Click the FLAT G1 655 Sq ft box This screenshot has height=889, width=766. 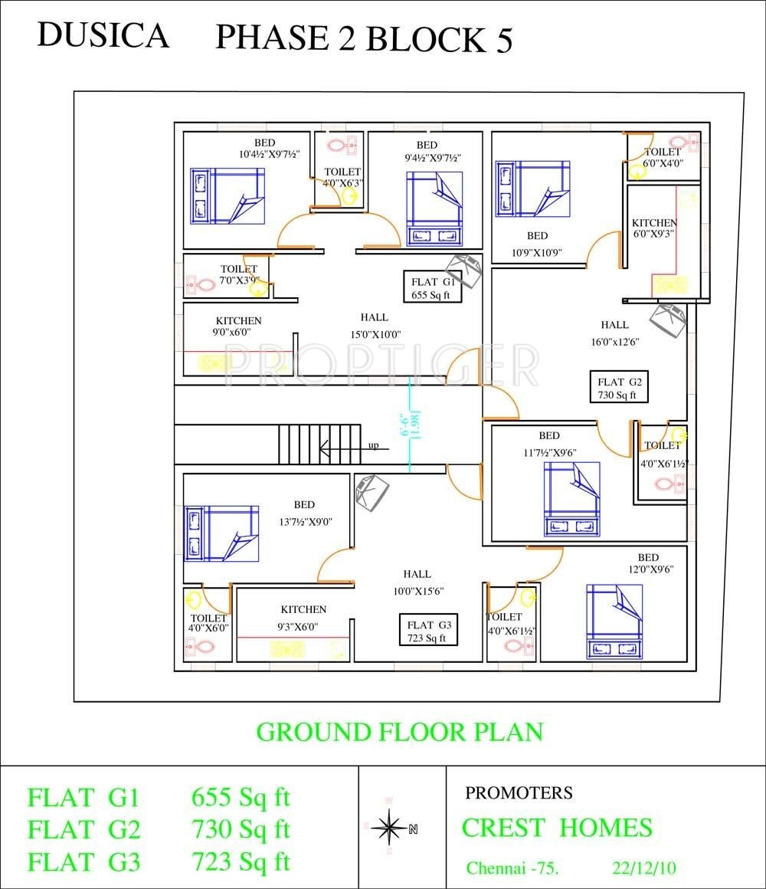tap(433, 287)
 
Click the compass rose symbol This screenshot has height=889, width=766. tap(391, 827)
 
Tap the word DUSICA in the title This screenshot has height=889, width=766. tap(103, 35)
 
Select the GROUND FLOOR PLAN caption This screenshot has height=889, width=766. tap(399, 732)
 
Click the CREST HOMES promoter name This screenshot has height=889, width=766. tap(557, 828)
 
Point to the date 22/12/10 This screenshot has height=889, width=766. tap(644, 868)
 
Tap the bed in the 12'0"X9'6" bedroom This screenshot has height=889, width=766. tap(615, 622)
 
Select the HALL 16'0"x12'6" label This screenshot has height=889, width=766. tap(615, 333)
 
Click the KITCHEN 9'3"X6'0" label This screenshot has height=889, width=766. tap(303, 618)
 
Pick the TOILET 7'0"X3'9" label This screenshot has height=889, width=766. tap(240, 274)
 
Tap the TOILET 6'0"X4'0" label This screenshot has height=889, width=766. tap(663, 158)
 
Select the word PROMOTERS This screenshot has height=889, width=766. tap(519, 792)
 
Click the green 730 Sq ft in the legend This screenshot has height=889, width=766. tap(241, 829)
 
